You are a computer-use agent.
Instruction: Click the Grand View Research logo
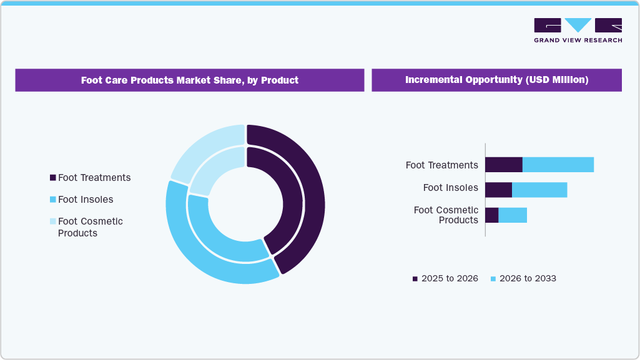[578, 30]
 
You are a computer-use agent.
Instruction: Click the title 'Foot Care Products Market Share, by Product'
[189, 80]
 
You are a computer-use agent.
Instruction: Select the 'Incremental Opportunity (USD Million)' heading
[496, 80]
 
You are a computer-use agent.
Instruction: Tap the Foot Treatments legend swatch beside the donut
[53, 178]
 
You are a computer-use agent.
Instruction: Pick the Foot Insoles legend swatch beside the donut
[53, 200]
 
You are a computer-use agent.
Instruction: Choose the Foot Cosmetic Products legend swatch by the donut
[53, 221]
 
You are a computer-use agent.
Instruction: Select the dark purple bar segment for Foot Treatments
[503, 165]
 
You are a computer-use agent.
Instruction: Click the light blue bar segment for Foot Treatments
[558, 165]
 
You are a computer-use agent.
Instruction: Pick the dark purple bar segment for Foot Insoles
[498, 190]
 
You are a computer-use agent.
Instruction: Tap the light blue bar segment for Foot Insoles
[539, 190]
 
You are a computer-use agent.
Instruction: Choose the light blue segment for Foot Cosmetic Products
[513, 215]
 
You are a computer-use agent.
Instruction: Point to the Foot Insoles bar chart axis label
[450, 188]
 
